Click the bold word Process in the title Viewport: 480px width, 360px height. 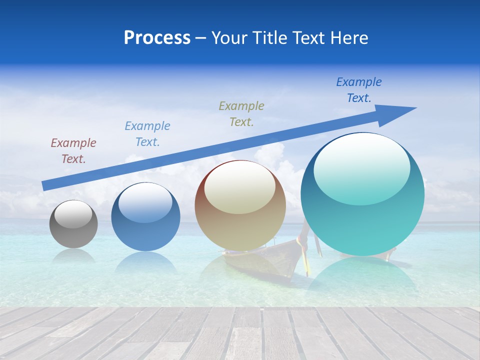point(157,38)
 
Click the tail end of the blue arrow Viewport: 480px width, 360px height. point(43,186)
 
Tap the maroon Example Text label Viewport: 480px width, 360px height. point(73,150)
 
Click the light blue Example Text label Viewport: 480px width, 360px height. point(147,133)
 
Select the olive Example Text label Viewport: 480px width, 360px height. point(241,113)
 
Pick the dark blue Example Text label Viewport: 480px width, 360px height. point(359,90)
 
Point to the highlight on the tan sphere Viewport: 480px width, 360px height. point(240,187)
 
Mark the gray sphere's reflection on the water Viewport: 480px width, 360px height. point(73,256)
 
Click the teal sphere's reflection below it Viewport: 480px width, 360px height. point(362,277)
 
